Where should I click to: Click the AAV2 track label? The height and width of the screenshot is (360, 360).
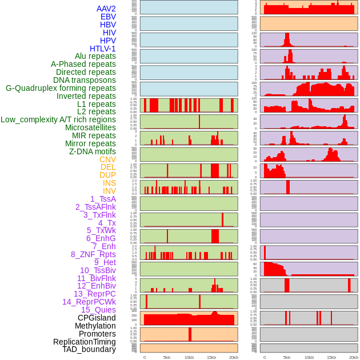click(106, 9)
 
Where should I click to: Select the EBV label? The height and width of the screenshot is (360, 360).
click(108, 17)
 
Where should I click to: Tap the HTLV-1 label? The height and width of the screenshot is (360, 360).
click(103, 49)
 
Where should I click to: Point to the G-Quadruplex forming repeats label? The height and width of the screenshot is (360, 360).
click(61, 88)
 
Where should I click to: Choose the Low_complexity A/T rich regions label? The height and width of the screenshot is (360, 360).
click(58, 119)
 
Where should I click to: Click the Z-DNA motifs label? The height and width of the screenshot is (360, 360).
click(93, 151)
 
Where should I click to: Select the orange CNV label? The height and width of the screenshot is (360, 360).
click(107, 159)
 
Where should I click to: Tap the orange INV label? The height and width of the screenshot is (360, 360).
click(109, 191)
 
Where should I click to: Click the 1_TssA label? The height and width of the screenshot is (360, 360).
click(103, 199)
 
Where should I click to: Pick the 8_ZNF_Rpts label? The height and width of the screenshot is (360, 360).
click(93, 254)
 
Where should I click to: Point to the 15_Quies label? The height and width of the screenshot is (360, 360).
click(98, 310)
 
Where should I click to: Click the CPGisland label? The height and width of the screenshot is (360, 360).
click(97, 318)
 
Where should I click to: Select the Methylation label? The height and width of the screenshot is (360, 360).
click(96, 326)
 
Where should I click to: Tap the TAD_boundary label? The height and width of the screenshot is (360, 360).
click(89, 349)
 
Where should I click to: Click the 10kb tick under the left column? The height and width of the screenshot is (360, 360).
click(189, 357)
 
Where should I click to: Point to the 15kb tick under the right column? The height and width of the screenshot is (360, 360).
click(331, 357)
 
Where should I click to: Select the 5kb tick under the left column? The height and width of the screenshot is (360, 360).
click(166, 357)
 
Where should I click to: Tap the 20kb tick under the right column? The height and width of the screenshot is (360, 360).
click(353, 357)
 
